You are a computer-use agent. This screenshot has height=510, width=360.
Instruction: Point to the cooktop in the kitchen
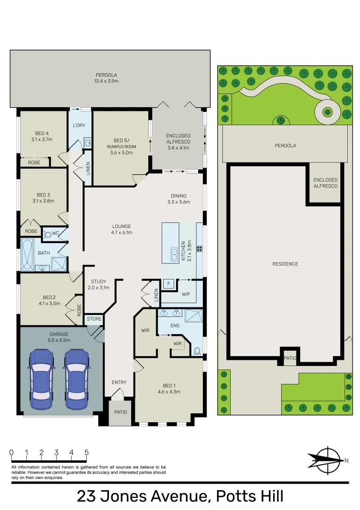point(200,249)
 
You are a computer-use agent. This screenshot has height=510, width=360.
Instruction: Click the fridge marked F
point(168,284)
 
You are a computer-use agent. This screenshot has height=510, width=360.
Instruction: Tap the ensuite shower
point(194,315)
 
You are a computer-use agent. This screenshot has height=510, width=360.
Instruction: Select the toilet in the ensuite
point(197,351)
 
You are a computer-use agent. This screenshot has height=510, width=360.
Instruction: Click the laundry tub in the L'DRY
point(87,142)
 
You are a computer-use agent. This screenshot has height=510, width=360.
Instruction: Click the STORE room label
point(94,319)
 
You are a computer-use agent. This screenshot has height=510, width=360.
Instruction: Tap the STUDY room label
point(99,281)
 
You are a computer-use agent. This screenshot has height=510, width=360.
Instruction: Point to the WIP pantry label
point(186,294)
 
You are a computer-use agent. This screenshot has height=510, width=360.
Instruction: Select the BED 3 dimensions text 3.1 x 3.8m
point(43,201)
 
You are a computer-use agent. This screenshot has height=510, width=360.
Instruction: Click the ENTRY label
point(119,382)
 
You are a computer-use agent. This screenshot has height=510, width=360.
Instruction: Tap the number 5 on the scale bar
point(86,452)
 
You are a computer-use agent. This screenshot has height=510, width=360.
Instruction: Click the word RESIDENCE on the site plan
point(285,264)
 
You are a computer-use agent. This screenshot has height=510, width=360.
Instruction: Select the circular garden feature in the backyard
point(327,112)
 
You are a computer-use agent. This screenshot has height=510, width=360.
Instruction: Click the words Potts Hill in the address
point(250,496)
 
